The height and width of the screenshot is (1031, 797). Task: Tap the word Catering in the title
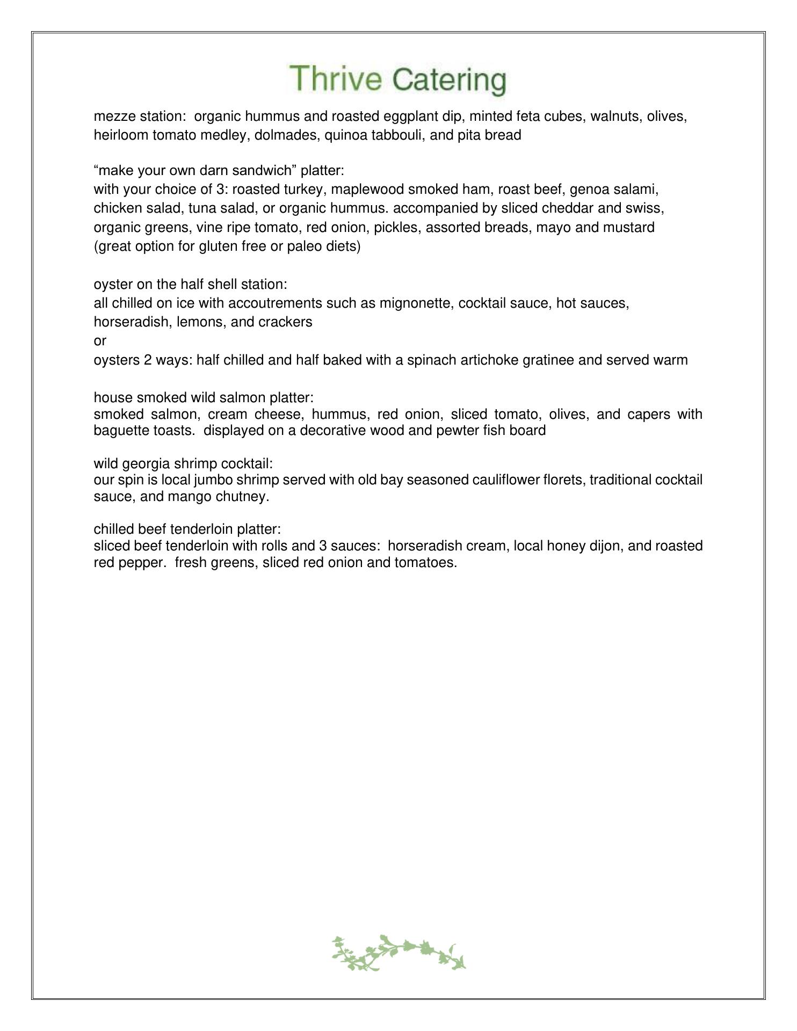tap(449, 81)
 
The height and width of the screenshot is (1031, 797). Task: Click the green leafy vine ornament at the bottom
tap(398, 952)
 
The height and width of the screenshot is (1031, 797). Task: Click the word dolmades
tap(284, 135)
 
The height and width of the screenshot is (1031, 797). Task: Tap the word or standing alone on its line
tap(100, 341)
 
